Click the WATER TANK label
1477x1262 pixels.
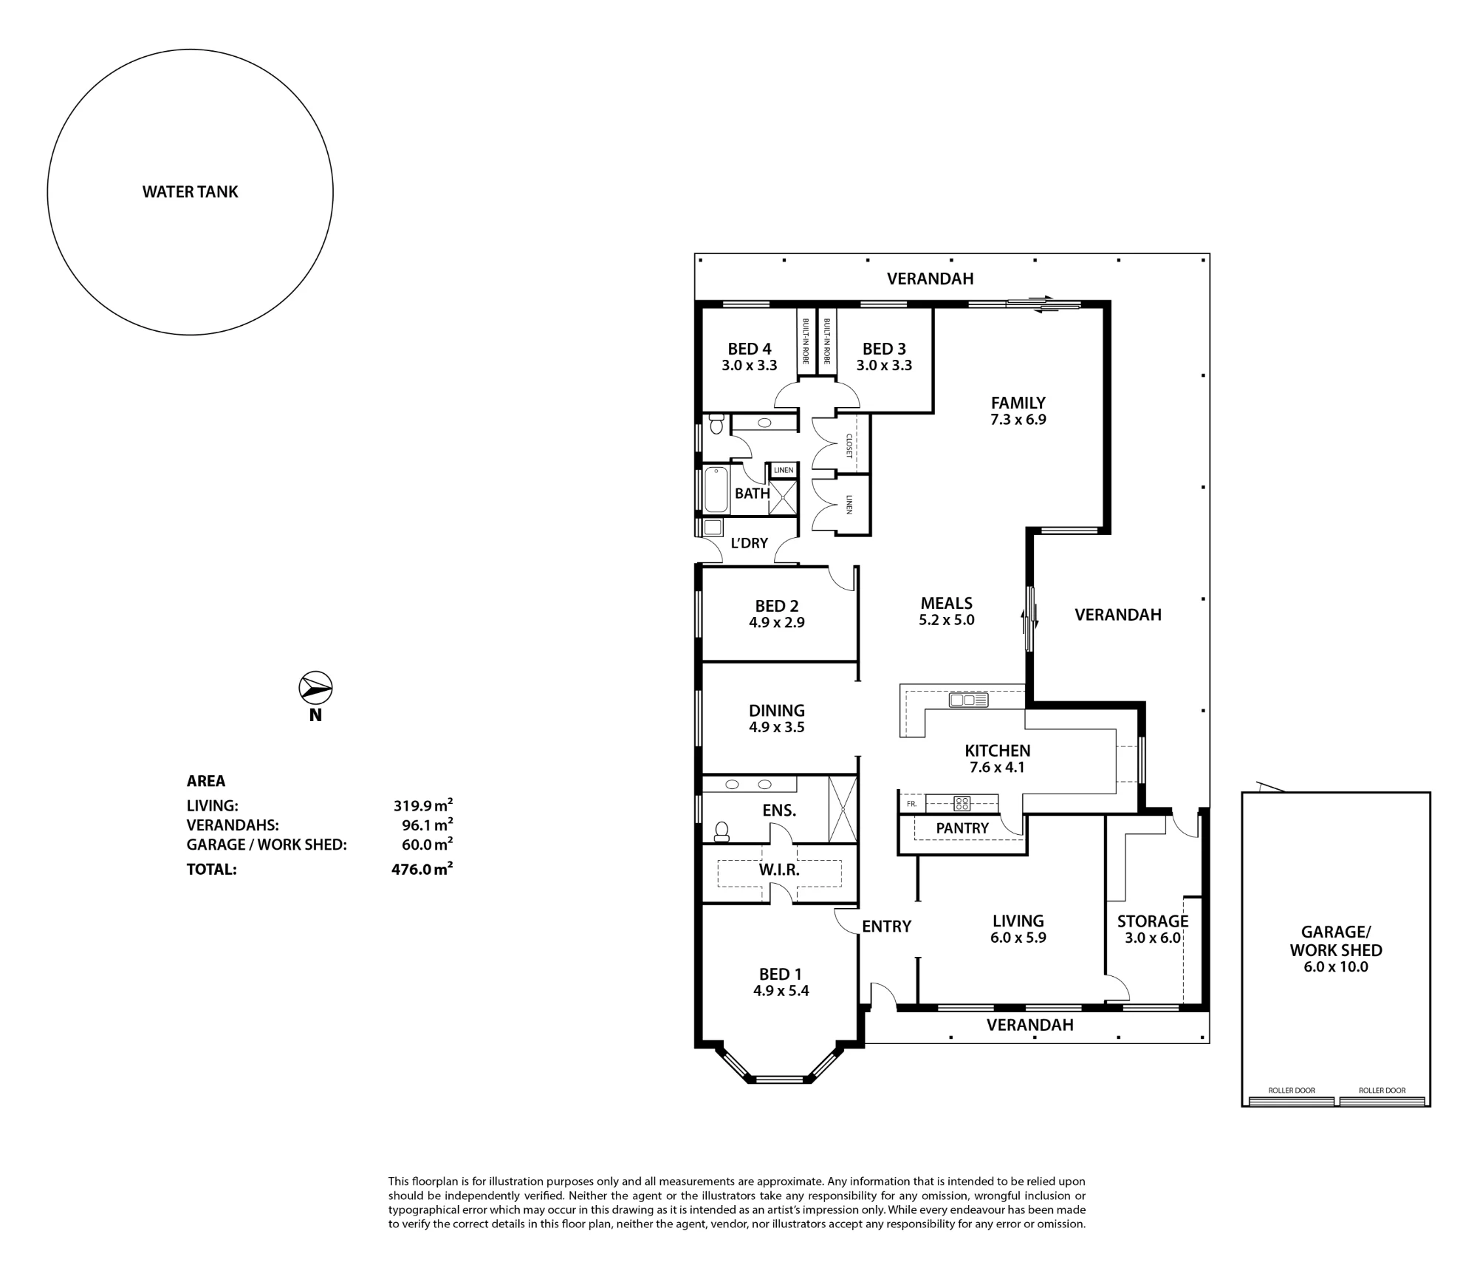tap(190, 192)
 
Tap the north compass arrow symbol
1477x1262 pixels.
tap(315, 689)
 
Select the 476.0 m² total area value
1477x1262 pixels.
tap(422, 869)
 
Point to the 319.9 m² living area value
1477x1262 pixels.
tap(422, 805)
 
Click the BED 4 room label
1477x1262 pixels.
tap(750, 349)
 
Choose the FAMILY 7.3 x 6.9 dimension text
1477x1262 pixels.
tap(1018, 420)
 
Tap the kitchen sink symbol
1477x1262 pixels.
tap(968, 700)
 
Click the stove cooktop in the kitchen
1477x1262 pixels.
tap(962, 802)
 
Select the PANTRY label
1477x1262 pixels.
tap(962, 828)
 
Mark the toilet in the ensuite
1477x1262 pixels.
tap(722, 832)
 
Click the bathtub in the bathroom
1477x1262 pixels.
tap(716, 489)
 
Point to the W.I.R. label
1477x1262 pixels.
tap(779, 870)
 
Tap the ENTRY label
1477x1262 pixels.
tap(886, 927)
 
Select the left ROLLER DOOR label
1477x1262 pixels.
tap(1292, 1091)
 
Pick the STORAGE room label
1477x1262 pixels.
tap(1153, 921)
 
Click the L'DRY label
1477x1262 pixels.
tap(749, 543)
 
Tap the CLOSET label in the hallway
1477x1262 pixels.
tap(849, 446)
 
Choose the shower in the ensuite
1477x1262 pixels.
tap(843, 809)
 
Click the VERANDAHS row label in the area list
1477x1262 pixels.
tap(233, 825)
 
